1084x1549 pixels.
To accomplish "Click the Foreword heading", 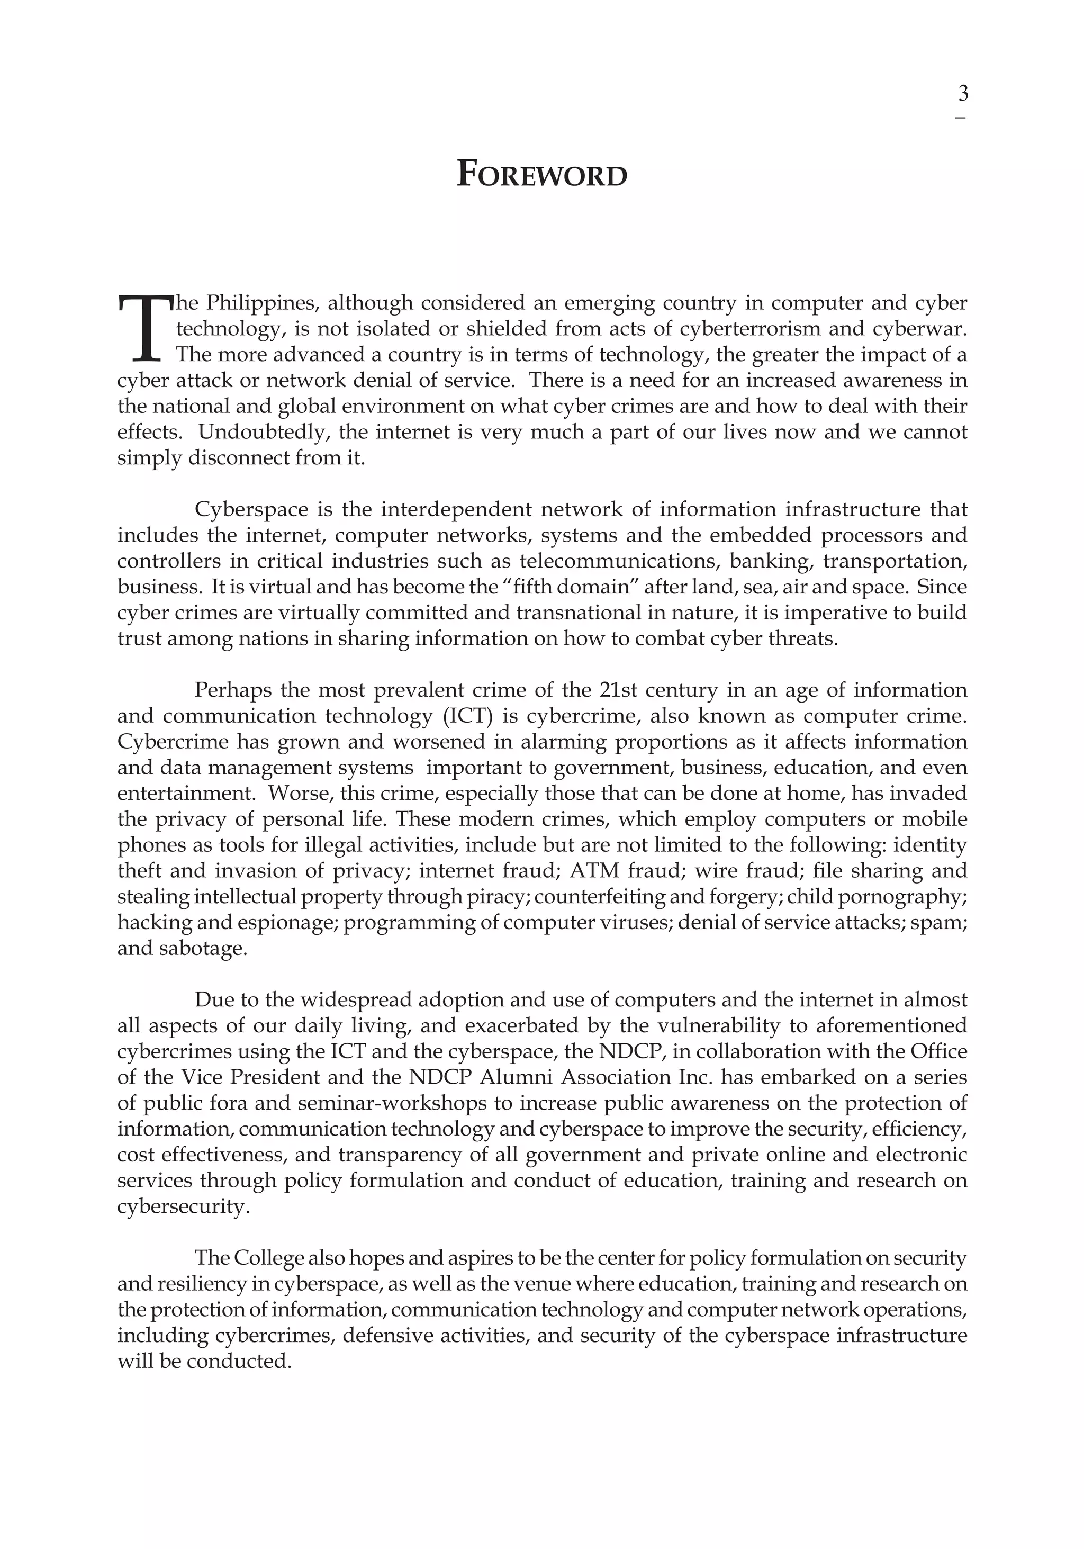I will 541,174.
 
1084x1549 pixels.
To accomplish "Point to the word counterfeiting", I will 595,897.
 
